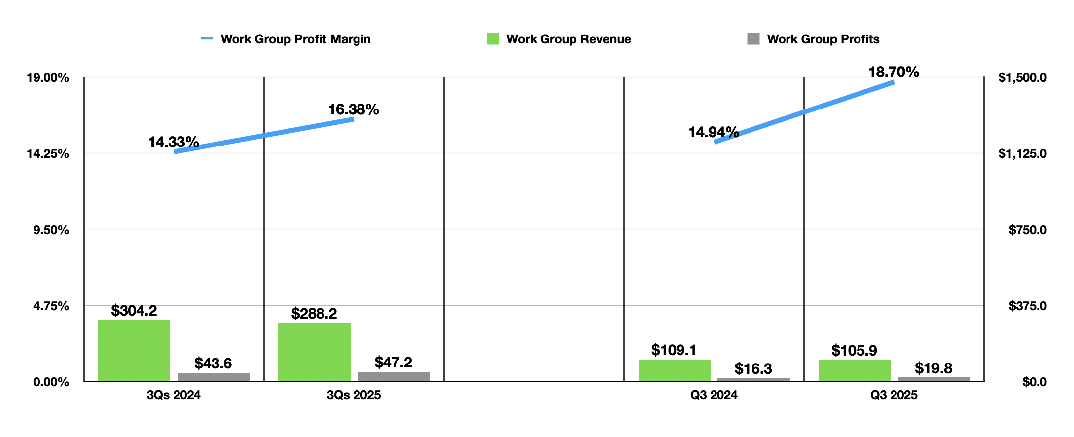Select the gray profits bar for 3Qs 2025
393,376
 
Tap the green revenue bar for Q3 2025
854,370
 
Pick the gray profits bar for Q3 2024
753,379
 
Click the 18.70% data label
893,72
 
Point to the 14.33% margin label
173,142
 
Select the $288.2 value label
314,313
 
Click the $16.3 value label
753,368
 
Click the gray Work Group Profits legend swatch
753,39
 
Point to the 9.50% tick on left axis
47,230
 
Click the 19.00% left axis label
47,77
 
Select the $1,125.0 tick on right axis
1022,153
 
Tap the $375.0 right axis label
1027,306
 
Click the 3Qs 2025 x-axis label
354,395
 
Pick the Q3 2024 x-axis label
714,395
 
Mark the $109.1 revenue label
674,350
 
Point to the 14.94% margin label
713,132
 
